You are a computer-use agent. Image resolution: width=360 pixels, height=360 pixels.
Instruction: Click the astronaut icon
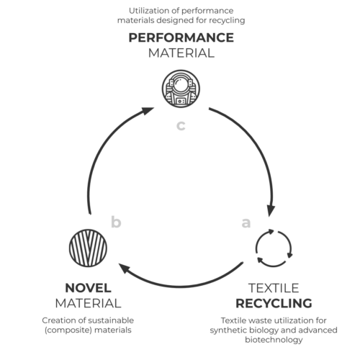pos(181,89)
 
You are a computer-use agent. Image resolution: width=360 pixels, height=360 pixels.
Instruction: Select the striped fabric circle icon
pos(88,248)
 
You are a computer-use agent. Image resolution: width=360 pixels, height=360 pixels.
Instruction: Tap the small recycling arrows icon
pos(274,248)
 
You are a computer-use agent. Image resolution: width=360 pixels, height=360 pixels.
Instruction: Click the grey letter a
pos(246,222)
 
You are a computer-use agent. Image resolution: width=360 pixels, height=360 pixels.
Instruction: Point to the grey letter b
pos(116,222)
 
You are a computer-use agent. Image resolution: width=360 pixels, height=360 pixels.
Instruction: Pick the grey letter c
pos(181,125)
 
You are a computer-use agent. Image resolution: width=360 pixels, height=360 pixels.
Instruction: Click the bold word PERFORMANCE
pos(181,37)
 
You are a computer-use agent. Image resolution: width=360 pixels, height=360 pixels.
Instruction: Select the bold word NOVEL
pos(88,288)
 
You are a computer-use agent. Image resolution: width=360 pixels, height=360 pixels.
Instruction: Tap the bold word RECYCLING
pos(274,303)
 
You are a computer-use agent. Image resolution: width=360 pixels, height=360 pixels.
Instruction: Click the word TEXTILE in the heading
pos(274,288)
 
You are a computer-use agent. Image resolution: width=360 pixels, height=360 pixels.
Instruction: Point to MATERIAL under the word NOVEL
pos(88,303)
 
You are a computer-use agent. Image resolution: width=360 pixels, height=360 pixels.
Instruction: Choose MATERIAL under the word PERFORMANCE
pos(181,53)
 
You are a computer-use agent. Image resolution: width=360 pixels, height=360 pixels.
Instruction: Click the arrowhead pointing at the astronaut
pos(147,111)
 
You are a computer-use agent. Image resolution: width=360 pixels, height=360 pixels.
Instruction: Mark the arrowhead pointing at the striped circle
pos(125,268)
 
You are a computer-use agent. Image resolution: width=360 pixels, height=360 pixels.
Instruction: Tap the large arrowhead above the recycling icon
pos(271,210)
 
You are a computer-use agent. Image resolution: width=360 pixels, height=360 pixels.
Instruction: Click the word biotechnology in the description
pos(274,340)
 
